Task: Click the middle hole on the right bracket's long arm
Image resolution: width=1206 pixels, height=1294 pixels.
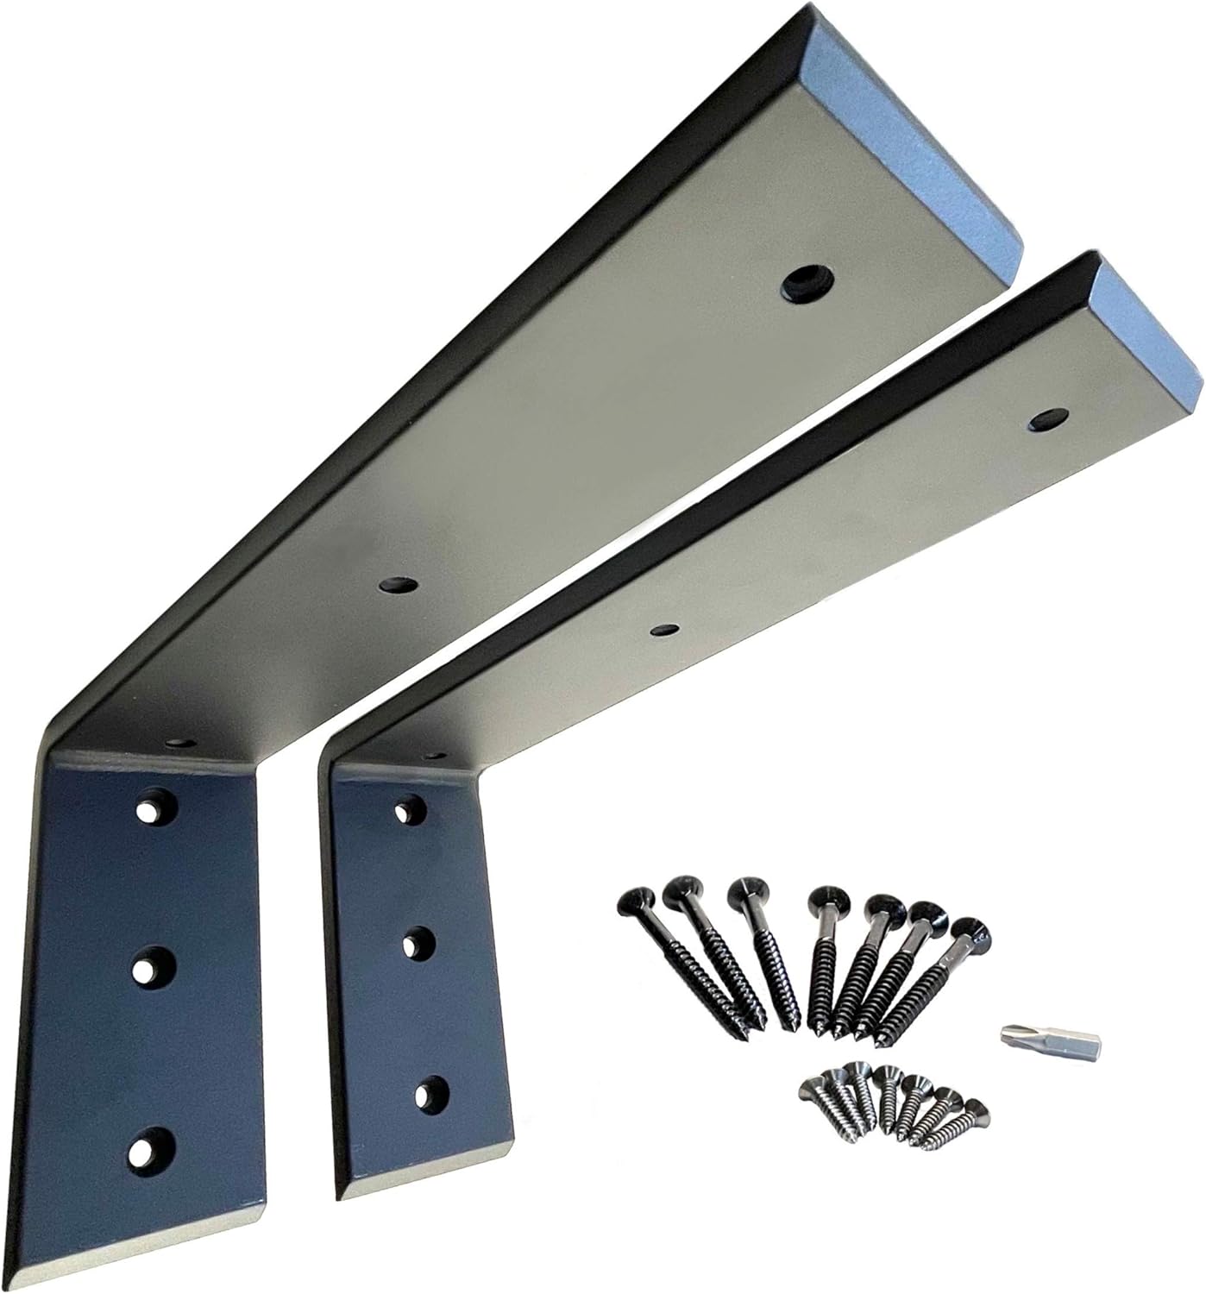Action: point(664,628)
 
